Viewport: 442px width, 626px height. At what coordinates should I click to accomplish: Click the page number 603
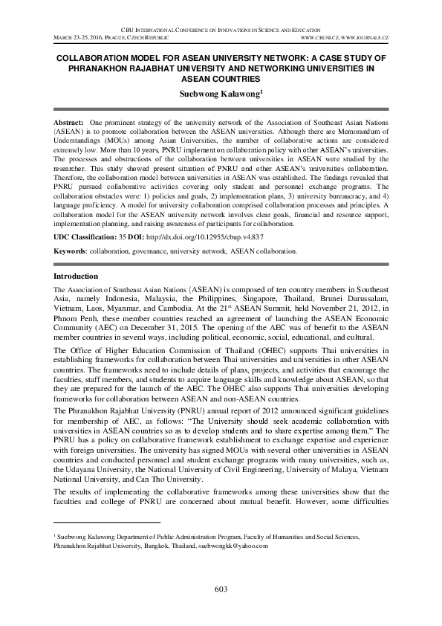(221, 589)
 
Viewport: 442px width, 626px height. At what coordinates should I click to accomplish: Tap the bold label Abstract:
(68, 120)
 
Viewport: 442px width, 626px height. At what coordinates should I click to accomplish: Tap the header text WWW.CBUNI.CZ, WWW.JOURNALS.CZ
(341, 36)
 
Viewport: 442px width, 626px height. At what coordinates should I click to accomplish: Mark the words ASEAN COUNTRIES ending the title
(221, 78)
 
